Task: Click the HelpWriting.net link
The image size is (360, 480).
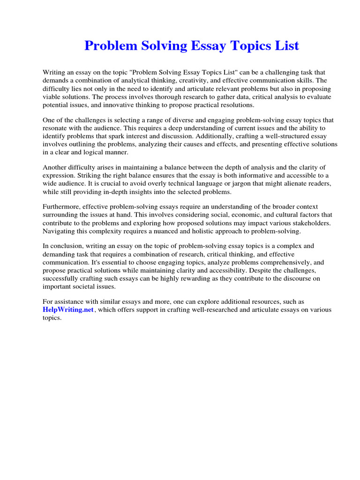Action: (x=68, y=310)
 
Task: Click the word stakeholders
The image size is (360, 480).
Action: (x=308, y=223)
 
